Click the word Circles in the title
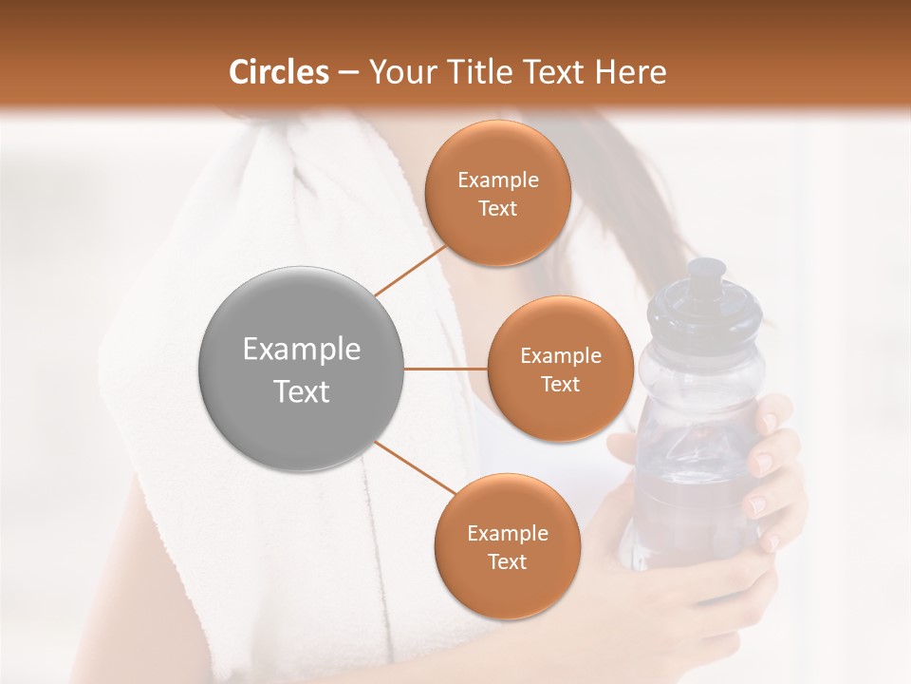[279, 72]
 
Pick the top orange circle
[497, 193]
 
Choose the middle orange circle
[560, 369]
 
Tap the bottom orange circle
[507, 546]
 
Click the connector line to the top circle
[410, 270]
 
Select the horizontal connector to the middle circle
[446, 369]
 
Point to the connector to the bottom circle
[415, 469]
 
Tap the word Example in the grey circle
[302, 350]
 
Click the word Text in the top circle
[497, 208]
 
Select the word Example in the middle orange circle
[560, 356]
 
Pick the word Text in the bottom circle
[507, 561]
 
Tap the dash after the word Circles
[348, 72]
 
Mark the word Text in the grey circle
[302, 391]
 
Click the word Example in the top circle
[497, 180]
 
